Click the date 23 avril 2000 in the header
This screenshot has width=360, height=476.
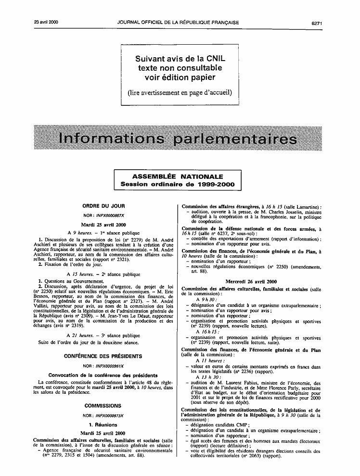pyautogui.click(x=46, y=9)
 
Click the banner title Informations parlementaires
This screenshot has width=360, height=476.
pyautogui.click(x=177, y=139)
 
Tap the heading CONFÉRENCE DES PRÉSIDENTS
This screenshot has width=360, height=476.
pyautogui.click(x=104, y=356)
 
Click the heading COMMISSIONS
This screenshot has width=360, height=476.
pyautogui.click(x=104, y=406)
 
